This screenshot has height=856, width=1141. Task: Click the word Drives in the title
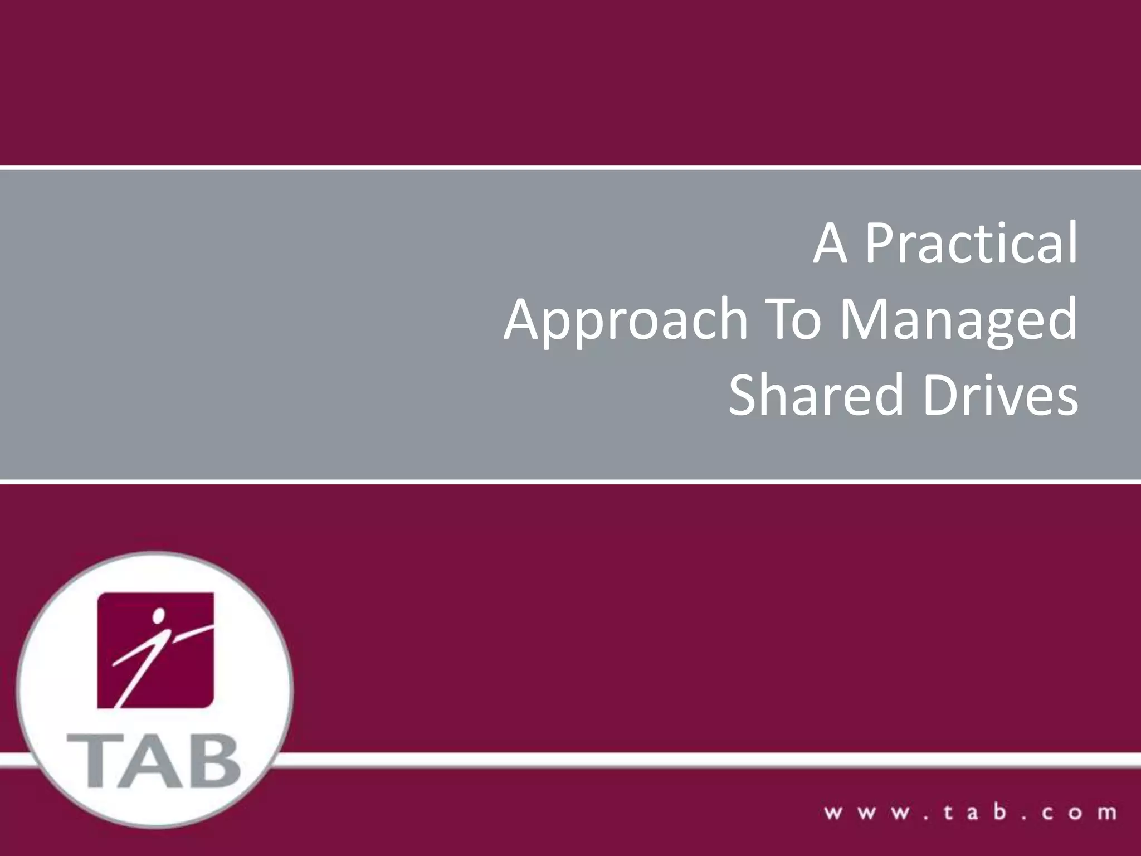[1001, 395]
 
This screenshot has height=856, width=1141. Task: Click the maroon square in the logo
[155, 650]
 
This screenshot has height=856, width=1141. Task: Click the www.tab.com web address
[970, 812]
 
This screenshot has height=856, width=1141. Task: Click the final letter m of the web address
[1107, 813]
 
